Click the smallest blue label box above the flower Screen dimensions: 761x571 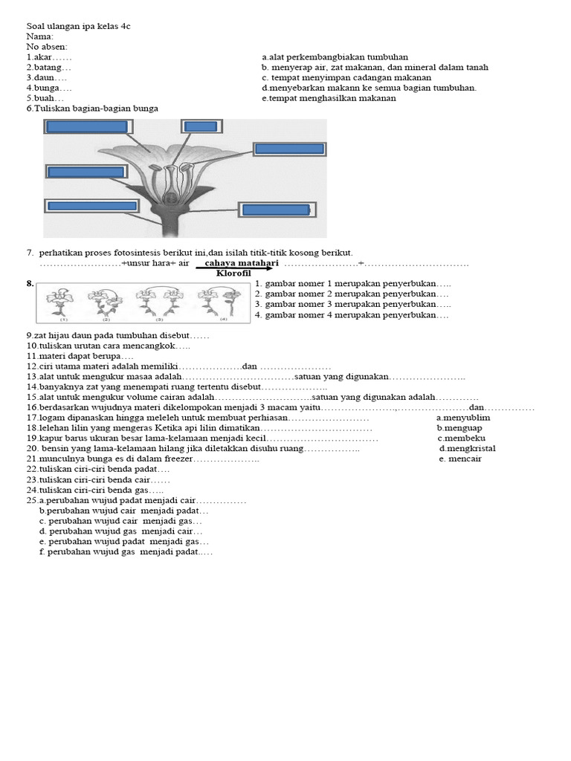(200, 126)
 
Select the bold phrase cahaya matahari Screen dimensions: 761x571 (242, 263)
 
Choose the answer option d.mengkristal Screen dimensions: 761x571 (467, 448)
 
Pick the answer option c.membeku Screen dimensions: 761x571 (462, 438)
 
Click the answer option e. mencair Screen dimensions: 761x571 (460, 459)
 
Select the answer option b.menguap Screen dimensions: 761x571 (461, 428)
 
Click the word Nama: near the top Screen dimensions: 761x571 (40, 36)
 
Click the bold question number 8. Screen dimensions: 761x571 (30, 283)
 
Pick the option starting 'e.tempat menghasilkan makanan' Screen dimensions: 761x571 (329, 98)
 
